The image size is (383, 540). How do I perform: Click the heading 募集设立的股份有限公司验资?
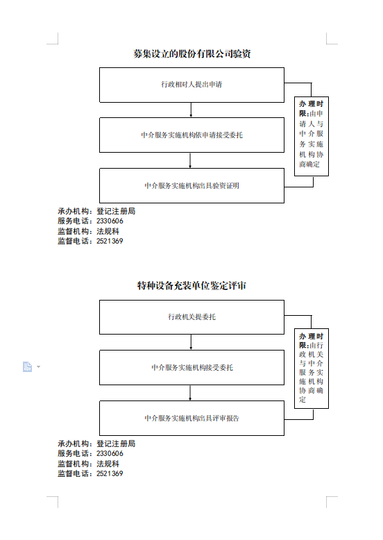pyautogui.click(x=191, y=53)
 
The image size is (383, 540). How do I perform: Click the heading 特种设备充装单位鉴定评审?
pyautogui.click(x=191, y=285)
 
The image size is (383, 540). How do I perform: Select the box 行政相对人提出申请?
pyautogui.click(x=191, y=85)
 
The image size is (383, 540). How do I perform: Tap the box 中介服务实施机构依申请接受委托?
pyautogui.click(x=191, y=135)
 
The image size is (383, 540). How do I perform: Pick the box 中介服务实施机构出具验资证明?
pyautogui.click(x=191, y=185)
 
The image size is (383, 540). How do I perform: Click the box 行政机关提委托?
pyautogui.click(x=191, y=317)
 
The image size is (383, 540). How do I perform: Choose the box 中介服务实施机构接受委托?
pyautogui.click(x=191, y=367)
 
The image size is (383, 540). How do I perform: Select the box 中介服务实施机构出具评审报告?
pyautogui.click(x=191, y=418)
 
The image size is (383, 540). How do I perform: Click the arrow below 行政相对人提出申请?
pyautogui.click(x=191, y=110)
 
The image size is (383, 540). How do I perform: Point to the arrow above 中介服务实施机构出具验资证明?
pyautogui.click(x=190, y=160)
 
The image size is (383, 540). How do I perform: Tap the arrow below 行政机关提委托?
pyautogui.click(x=191, y=342)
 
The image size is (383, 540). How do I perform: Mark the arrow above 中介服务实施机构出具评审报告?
pyautogui.click(x=190, y=393)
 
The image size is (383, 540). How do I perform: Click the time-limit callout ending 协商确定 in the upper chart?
pyautogui.click(x=312, y=136)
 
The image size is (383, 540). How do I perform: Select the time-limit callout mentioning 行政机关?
pyautogui.click(x=312, y=369)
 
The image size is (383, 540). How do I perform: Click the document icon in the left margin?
pyautogui.click(x=27, y=366)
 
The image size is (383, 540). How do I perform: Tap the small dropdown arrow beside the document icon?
pyautogui.click(x=39, y=366)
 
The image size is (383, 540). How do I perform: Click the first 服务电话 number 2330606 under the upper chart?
pyautogui.click(x=110, y=221)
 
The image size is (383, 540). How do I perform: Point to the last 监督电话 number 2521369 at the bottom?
pyautogui.click(x=110, y=473)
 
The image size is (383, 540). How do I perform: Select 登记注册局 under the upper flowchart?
pyautogui.click(x=116, y=211)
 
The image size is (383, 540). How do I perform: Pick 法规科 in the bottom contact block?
pyautogui.click(x=108, y=464)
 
